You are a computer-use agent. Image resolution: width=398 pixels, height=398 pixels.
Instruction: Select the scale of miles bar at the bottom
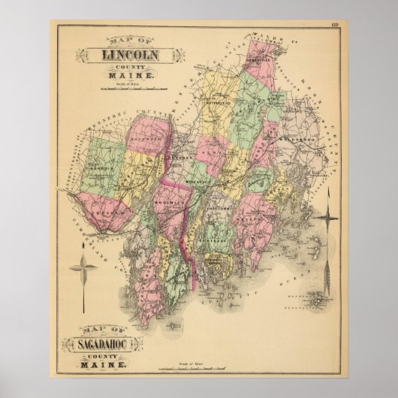(x=201, y=368)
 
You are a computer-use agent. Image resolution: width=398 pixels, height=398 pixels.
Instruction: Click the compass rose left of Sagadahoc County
(x=83, y=266)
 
